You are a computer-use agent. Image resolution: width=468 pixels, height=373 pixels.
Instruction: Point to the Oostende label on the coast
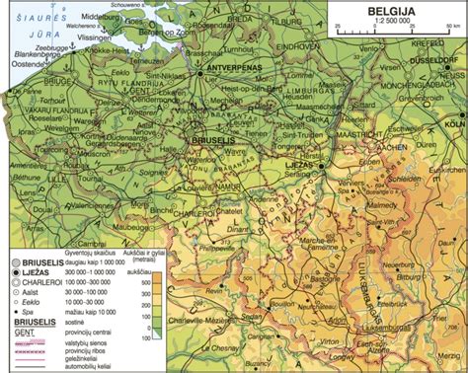click(20, 67)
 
